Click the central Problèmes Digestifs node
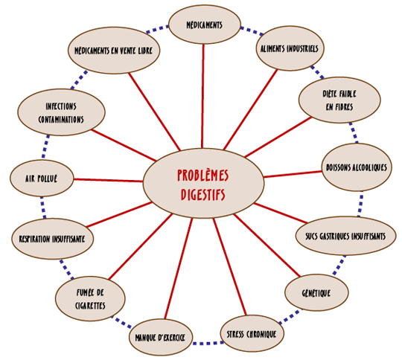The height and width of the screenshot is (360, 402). click(x=203, y=184)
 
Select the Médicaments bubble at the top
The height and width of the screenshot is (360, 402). click(x=205, y=25)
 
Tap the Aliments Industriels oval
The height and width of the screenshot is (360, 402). click(x=290, y=48)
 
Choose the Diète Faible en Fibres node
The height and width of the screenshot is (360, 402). click(x=339, y=100)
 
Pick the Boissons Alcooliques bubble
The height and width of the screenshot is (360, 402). click(x=357, y=167)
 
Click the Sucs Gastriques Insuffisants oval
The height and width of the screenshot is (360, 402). click(x=345, y=236)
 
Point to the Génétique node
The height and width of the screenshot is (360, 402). click(x=316, y=292)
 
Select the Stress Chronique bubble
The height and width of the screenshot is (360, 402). click(x=252, y=334)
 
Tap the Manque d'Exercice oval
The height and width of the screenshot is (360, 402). click(x=161, y=337)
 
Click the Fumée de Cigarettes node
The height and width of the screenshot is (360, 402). click(x=90, y=299)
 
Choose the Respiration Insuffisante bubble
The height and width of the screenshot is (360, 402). click(x=52, y=239)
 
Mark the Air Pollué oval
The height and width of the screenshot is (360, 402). click(x=42, y=179)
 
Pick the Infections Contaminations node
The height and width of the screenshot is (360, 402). click(x=61, y=112)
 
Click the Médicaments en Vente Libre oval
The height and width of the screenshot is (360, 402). click(x=114, y=51)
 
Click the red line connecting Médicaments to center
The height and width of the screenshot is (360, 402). click(x=202, y=97)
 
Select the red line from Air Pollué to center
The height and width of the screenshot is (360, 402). click(x=108, y=180)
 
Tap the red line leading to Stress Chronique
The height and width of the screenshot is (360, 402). click(x=230, y=267)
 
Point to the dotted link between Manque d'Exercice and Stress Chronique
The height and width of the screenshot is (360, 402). click(x=206, y=343)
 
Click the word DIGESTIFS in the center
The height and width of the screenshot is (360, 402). click(x=203, y=195)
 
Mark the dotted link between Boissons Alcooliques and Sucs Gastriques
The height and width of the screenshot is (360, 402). click(x=360, y=204)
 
